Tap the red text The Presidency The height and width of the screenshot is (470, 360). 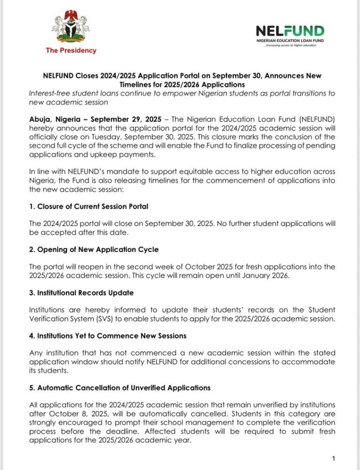coord(71,50)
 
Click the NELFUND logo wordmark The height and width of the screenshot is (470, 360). coord(290,31)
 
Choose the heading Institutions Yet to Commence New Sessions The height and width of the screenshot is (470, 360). coord(107,336)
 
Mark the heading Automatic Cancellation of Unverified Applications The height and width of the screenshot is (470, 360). coord(119,388)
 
